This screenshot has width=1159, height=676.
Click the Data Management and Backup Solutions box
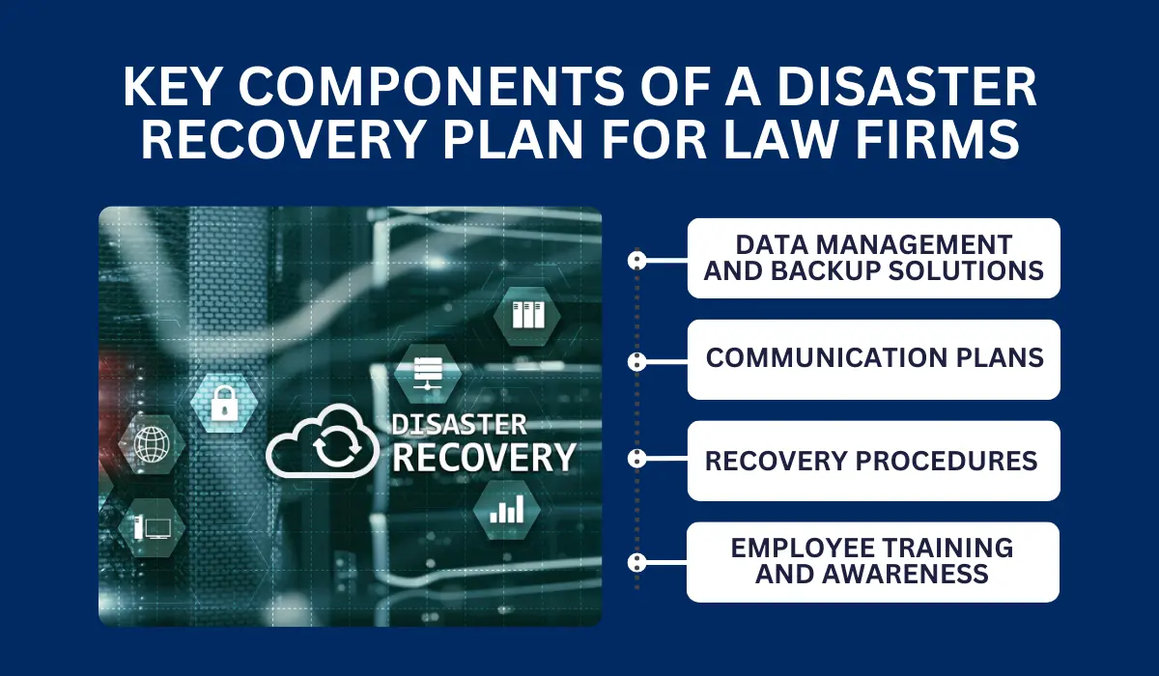874,258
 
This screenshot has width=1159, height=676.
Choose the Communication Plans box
874,359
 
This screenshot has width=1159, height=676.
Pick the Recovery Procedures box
874,461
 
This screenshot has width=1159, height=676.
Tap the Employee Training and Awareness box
874,562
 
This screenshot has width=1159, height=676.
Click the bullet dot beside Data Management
636,260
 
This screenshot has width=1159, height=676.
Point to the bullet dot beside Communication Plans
636,361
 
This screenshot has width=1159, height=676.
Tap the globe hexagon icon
151,446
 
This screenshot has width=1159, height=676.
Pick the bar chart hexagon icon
506,509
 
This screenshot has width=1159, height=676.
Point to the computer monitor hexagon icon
151,527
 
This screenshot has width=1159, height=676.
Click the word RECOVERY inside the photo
484,457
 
